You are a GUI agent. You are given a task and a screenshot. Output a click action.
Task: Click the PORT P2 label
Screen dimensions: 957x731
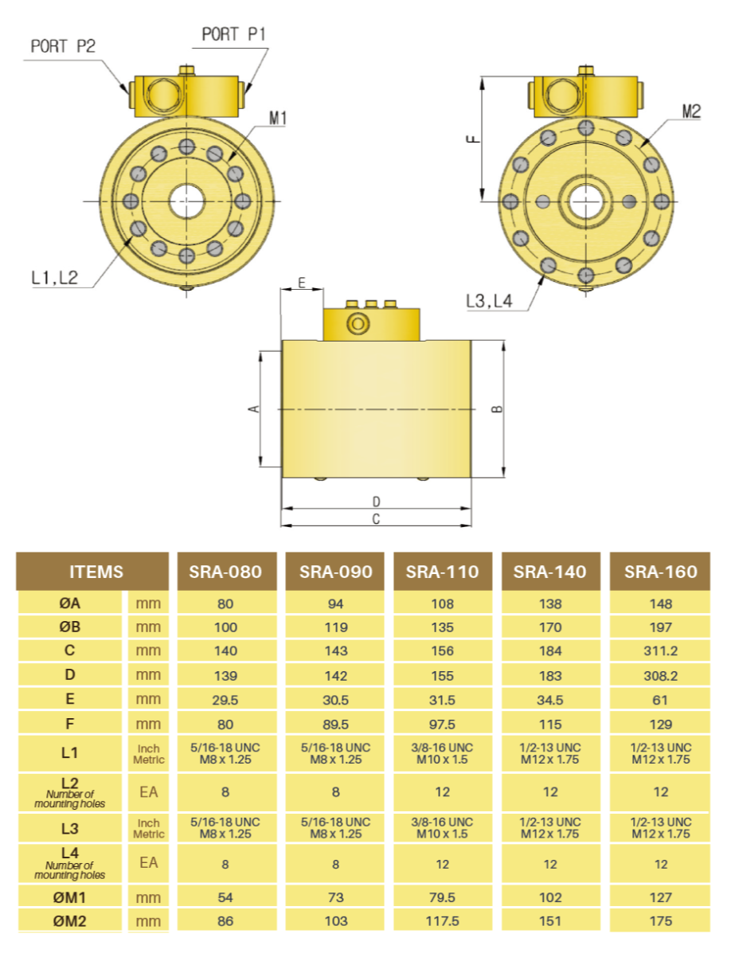(63, 45)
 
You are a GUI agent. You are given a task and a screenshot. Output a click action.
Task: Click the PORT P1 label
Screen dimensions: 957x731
(233, 34)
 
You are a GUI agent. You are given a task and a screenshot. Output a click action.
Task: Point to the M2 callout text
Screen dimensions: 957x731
(690, 111)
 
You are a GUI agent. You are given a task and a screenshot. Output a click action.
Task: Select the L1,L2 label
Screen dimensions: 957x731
(54, 277)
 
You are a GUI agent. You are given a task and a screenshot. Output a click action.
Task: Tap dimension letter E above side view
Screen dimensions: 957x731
(301, 283)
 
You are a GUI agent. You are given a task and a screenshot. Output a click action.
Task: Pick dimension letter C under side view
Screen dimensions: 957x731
(376, 519)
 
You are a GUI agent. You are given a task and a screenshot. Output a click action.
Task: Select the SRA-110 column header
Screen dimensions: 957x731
(442, 572)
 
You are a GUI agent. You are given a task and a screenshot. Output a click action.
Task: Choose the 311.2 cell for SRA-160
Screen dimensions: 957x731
(660, 650)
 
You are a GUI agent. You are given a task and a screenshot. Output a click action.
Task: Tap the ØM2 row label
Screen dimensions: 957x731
(70, 921)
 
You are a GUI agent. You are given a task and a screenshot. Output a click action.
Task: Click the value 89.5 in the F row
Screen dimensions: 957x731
(335, 724)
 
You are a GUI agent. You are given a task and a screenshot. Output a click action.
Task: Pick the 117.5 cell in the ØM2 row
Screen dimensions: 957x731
(442, 921)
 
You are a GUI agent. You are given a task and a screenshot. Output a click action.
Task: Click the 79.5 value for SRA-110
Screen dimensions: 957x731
(442, 897)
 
